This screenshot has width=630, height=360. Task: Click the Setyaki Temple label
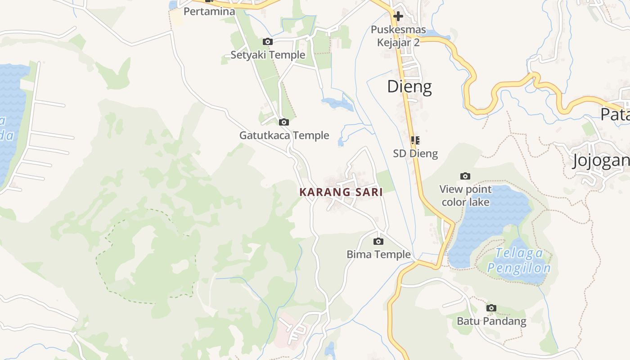268,55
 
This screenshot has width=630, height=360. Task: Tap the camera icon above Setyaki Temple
268,42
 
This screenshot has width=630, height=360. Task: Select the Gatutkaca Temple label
284,135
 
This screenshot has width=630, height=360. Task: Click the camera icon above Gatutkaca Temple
283,122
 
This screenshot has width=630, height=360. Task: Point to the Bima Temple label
378,254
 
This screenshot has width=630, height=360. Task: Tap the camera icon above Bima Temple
378,241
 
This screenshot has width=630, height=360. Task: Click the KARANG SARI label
341,192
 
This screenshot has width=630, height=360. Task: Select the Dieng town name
409,86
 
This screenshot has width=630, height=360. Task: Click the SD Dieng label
415,153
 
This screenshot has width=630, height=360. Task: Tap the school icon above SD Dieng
415,140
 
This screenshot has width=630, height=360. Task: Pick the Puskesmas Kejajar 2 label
398,36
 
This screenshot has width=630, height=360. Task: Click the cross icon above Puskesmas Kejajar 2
398,17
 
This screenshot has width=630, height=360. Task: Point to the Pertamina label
209,12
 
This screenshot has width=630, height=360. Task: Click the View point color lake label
465,195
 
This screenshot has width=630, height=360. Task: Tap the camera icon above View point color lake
465,176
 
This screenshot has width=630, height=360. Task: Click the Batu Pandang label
491,321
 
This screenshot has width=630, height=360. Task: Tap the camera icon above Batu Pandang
491,308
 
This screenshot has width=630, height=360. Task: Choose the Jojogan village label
601,161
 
